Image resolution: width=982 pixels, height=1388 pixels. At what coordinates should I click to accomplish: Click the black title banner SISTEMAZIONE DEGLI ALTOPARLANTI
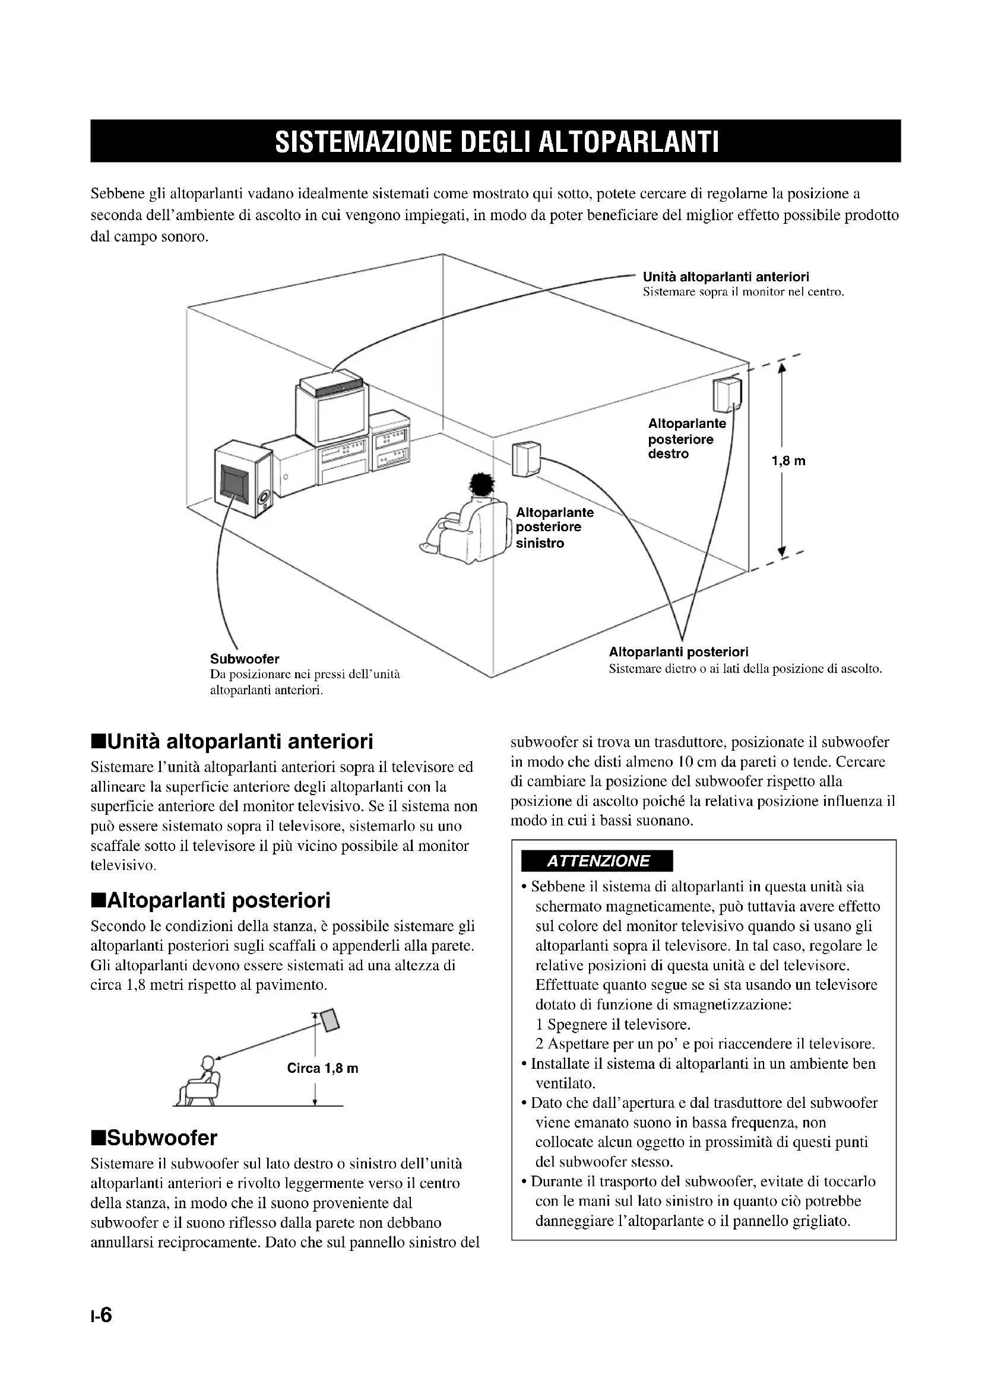496,141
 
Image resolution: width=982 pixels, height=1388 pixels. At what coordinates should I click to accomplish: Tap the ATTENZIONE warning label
597,861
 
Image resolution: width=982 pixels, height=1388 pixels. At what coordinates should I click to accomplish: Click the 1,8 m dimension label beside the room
788,461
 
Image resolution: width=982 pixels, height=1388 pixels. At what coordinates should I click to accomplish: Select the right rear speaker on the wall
727,394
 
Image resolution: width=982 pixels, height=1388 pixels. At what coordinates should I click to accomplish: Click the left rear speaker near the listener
525,459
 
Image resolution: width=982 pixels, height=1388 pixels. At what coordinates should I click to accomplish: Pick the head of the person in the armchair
482,485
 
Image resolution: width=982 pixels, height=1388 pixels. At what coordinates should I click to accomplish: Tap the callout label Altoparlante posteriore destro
687,439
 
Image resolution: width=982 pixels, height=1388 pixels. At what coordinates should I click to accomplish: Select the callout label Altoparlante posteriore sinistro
555,528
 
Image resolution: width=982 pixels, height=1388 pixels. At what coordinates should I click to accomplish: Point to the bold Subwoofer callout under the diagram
244,658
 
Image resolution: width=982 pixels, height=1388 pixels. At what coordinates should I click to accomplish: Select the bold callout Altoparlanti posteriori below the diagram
679,652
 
